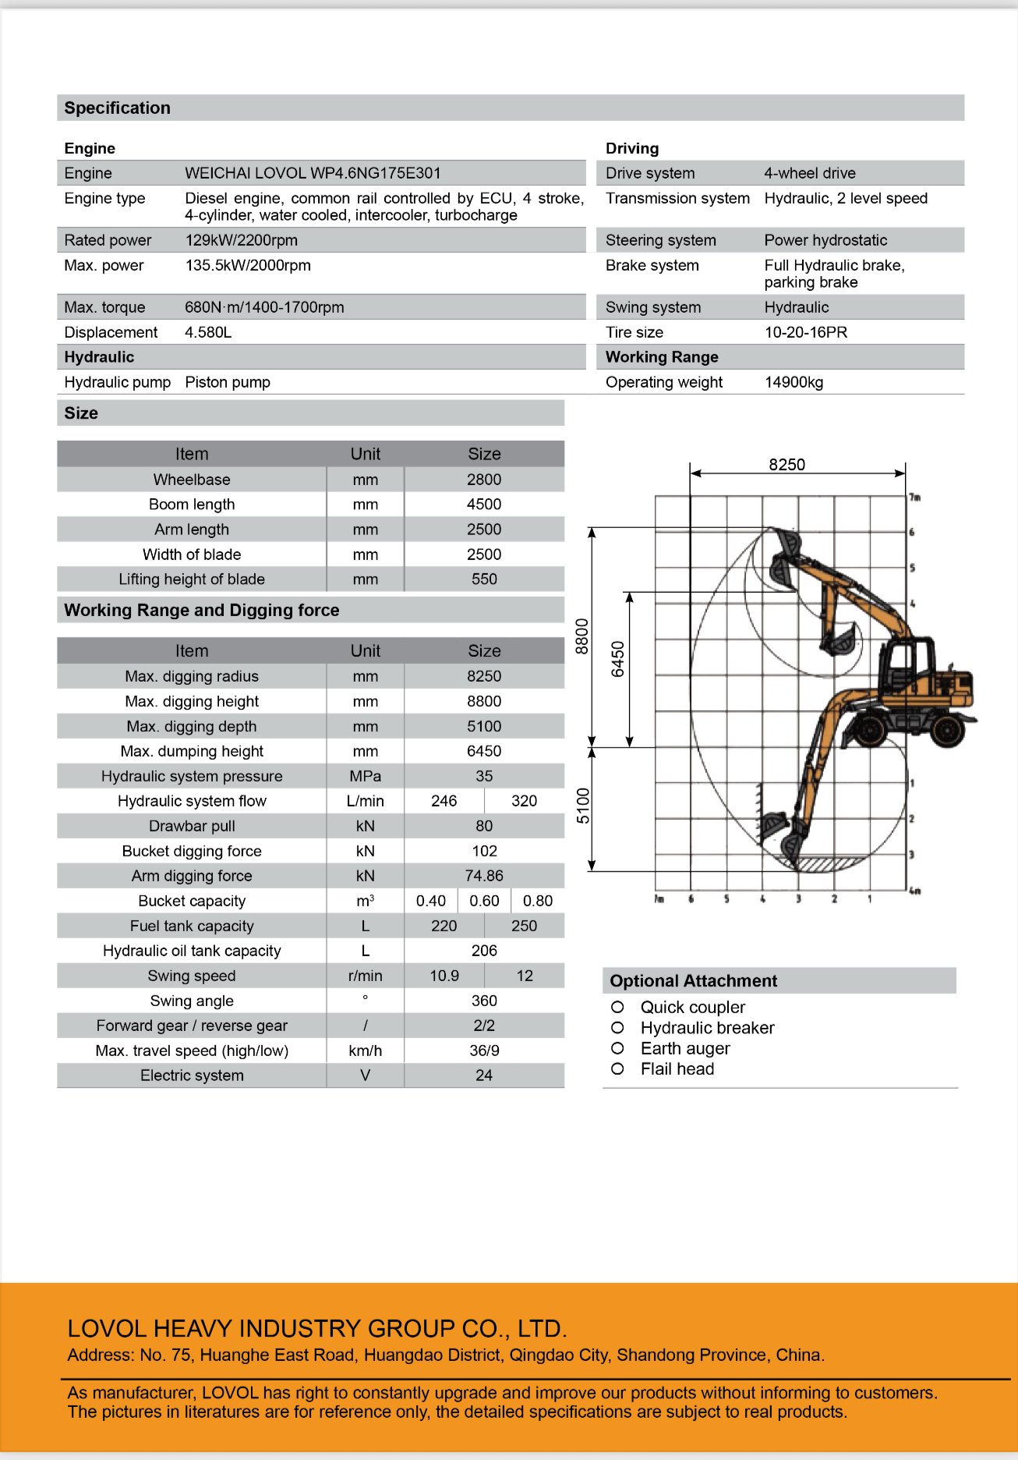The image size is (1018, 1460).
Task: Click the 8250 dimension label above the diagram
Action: pos(786,465)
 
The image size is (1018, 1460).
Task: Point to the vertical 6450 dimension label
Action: pos(618,659)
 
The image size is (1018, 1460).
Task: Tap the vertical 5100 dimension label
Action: pos(583,806)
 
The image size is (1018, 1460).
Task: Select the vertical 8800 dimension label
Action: pos(581,636)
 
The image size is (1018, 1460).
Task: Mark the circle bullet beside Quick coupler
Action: pos(617,1007)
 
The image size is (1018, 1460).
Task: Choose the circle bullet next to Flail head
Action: pos(617,1068)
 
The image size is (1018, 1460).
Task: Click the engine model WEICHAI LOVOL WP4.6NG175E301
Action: pos(313,173)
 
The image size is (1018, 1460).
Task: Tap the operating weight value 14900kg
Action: pos(794,382)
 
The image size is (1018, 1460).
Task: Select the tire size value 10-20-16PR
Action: pos(805,332)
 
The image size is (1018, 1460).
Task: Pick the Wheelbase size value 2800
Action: pos(484,480)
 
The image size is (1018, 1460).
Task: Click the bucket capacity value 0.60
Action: pos(484,901)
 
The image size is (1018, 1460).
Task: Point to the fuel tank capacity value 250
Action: pos(524,926)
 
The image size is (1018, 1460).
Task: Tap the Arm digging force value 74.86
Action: pos(484,876)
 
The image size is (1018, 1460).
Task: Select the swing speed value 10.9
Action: pos(444,976)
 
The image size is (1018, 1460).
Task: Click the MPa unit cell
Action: pos(365,776)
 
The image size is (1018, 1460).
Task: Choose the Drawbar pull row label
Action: pos(192,826)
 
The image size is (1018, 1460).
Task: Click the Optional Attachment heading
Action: pos(693,981)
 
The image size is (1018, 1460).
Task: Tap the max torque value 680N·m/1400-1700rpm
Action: pos(264,307)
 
